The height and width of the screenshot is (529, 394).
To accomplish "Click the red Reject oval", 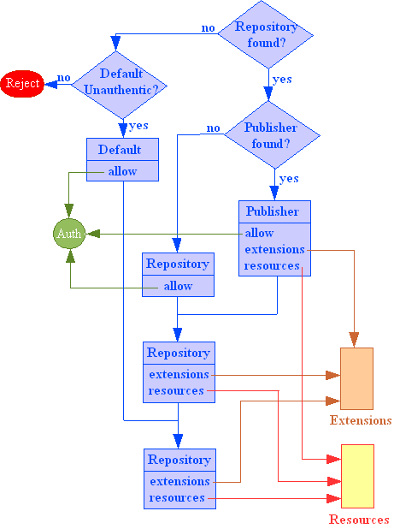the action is tap(22, 84).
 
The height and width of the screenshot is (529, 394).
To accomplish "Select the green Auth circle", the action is tap(69, 234).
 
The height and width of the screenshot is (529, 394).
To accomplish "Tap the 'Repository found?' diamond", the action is tap(266, 34).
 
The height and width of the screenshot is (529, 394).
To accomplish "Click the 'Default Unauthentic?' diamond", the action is tap(119, 85).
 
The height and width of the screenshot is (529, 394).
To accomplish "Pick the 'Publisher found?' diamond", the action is tap(272, 135).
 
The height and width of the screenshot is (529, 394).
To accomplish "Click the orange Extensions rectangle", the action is tap(356, 378).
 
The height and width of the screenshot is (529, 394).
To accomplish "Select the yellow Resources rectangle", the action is tap(357, 476).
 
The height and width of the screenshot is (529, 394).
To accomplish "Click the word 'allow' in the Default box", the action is tap(122, 171).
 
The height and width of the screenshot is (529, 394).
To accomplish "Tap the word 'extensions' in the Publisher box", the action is tap(274, 249).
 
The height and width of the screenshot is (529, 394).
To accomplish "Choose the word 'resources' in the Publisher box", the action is tap(272, 266).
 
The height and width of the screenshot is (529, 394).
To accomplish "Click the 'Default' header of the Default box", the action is tap(120, 150).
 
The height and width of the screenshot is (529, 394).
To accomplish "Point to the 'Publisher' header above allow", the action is tap(273, 211).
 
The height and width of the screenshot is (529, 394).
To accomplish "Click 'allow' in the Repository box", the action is tap(178, 286).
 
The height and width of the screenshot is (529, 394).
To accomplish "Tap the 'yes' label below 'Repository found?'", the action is tap(282, 80).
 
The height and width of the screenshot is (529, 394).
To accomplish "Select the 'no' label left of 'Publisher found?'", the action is tap(213, 128).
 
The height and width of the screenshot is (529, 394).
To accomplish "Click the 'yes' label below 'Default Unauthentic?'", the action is tap(138, 126).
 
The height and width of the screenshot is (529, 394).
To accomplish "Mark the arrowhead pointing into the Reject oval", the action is tap(50, 85).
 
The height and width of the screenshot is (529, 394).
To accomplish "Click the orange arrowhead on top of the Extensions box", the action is tap(354, 339).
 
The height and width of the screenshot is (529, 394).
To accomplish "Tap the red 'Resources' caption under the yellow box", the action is tap(359, 520).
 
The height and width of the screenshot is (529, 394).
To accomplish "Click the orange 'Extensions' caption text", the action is tap(361, 420).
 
